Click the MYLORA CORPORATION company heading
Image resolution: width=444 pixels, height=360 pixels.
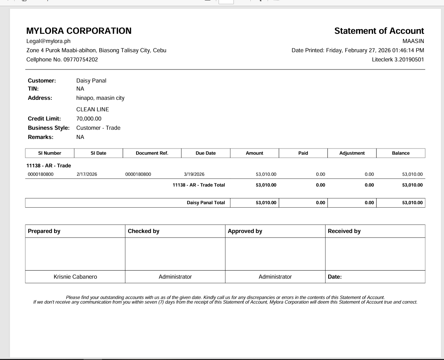(79, 31)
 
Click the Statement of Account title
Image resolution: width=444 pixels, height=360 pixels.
(379, 31)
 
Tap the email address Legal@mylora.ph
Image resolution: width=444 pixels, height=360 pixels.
(48, 41)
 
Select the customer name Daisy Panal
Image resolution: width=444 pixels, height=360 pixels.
(91, 81)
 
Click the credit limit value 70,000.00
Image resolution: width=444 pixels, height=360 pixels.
(89, 119)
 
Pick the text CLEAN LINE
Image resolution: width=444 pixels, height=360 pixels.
(92, 109)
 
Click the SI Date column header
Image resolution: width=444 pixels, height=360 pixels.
(99, 153)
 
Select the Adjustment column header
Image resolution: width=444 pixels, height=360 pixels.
(352, 153)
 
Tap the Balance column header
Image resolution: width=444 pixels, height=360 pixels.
(401, 153)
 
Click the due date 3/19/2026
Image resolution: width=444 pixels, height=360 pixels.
(194, 174)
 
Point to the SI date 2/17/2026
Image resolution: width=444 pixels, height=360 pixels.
(87, 174)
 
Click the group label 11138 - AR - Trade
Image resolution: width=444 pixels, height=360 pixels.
(49, 166)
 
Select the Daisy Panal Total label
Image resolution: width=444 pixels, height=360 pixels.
(206, 203)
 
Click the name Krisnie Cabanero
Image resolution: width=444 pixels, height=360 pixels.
(75, 277)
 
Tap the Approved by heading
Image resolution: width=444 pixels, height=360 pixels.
(245, 231)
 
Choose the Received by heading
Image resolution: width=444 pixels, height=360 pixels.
(344, 231)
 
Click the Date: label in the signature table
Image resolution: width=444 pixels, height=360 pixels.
(335, 277)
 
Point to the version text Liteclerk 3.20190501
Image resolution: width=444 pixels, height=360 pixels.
(398, 59)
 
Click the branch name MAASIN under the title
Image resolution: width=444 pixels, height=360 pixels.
(413, 41)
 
